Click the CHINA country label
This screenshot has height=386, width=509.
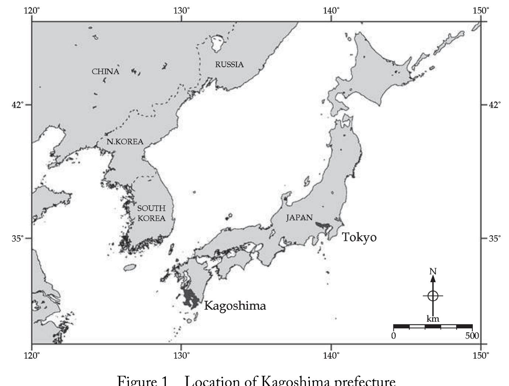pyautogui.click(x=106, y=72)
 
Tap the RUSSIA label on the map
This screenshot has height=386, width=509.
pyautogui.click(x=229, y=65)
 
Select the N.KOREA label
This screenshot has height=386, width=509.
pyautogui.click(x=125, y=142)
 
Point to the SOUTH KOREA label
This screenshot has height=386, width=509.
pyautogui.click(x=151, y=213)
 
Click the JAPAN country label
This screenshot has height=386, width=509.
pyautogui.click(x=299, y=218)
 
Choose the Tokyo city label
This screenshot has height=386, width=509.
pyautogui.click(x=359, y=237)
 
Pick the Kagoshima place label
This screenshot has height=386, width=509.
pyautogui.click(x=235, y=306)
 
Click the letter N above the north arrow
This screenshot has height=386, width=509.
pyautogui.click(x=433, y=271)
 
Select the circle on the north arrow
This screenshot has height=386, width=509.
pyautogui.click(x=433, y=296)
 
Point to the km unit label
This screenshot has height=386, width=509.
pyautogui.click(x=433, y=319)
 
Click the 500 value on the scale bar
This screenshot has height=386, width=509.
pyautogui.click(x=472, y=336)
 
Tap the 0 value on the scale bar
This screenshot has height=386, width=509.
pyautogui.click(x=394, y=336)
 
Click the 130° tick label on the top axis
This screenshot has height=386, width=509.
pyautogui.click(x=181, y=10)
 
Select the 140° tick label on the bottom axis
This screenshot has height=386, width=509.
pyautogui.click(x=331, y=355)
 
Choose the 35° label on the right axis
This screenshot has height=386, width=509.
pyautogui.click(x=495, y=238)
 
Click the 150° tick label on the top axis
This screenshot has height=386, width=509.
pyautogui.click(x=481, y=10)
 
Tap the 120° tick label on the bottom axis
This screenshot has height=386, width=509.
pyautogui.click(x=32, y=355)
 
